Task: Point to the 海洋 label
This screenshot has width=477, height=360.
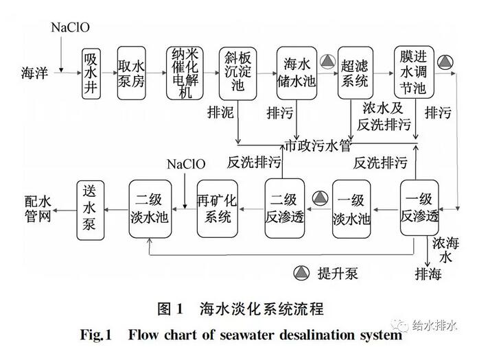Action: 35,72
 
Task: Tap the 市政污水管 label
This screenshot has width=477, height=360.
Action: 318,145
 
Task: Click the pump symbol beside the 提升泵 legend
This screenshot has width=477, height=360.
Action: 301,273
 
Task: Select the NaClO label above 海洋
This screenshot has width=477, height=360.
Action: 70,28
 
